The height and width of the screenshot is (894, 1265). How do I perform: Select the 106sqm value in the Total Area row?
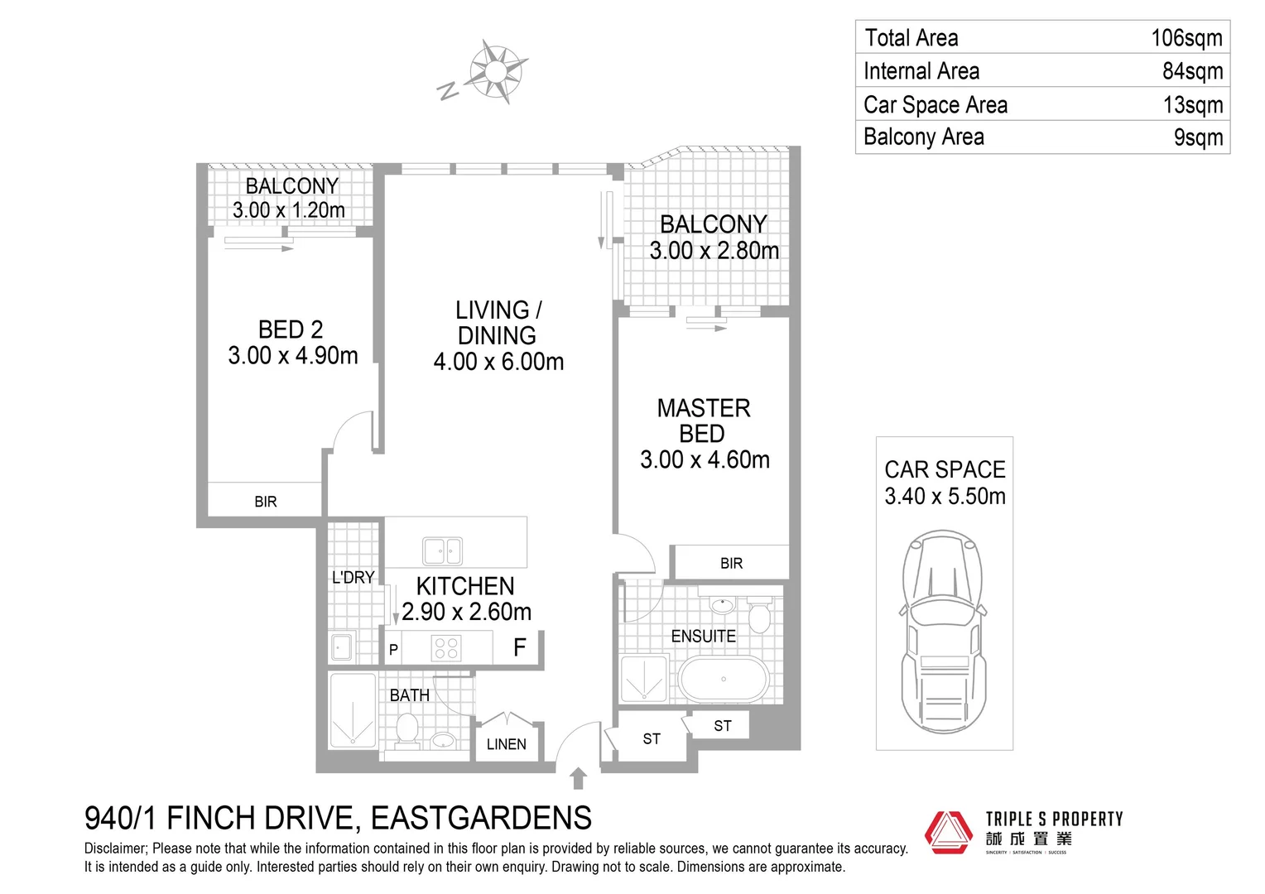pos(1186,38)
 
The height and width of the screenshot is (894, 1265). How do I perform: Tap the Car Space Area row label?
pos(935,105)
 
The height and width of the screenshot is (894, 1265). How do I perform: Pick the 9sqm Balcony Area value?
pos(1197,137)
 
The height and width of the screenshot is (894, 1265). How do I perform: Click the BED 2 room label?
pos(291,329)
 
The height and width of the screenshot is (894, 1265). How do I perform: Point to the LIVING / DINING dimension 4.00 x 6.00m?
pos(498,362)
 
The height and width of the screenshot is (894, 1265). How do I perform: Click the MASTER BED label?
pos(704,421)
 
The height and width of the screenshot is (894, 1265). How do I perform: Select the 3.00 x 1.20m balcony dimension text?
pos(289,210)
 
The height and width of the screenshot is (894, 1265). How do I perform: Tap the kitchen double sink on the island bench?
pos(442,550)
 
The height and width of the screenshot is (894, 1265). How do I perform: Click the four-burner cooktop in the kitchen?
pos(445,647)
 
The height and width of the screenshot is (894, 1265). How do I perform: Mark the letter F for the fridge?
pos(519,647)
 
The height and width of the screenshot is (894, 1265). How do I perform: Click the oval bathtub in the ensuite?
pos(724,680)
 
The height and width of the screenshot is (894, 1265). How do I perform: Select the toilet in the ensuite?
pos(759,616)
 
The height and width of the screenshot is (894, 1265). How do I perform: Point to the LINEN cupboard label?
pos(506,744)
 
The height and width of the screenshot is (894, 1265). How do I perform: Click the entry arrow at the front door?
pos(578,778)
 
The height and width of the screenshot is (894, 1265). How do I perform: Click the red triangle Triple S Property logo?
pos(950,831)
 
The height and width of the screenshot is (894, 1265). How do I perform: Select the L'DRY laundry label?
pos(353,578)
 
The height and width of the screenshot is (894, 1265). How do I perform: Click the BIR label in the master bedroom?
pos(731,564)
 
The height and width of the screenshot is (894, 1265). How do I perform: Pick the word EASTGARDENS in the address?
pos(481,818)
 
